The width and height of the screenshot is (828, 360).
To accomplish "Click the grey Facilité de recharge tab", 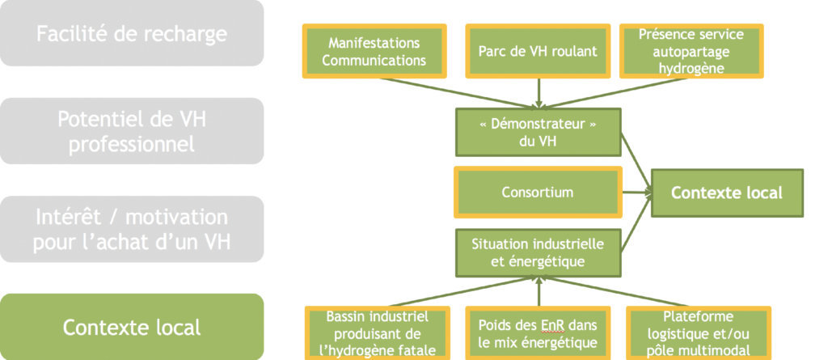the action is coord(132,33).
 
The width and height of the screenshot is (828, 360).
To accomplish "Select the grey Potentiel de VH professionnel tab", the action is coord(132,131).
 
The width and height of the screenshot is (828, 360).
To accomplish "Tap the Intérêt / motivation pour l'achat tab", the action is coord(132,230).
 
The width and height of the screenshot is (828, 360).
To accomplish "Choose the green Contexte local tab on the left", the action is coord(132,327).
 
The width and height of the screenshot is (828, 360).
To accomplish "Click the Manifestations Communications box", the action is coord(374,51).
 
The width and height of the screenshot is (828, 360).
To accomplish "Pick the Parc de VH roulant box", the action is coord(538,51).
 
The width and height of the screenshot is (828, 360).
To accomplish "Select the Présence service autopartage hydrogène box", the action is coord(691,51).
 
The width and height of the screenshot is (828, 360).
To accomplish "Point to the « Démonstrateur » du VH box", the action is coord(538,132).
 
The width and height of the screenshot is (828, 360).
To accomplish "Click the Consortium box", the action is coord(538,192).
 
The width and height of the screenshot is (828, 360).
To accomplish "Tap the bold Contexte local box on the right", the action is coord(727,193).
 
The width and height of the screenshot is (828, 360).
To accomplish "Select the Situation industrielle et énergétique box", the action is coord(538,252).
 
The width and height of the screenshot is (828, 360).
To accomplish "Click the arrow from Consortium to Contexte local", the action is coord(637,193).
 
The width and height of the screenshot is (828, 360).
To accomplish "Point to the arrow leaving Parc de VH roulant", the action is coord(538,93).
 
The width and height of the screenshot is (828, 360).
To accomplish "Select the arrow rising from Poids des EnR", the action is coord(538,292).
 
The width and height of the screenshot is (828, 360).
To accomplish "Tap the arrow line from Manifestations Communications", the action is coord(457,93).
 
